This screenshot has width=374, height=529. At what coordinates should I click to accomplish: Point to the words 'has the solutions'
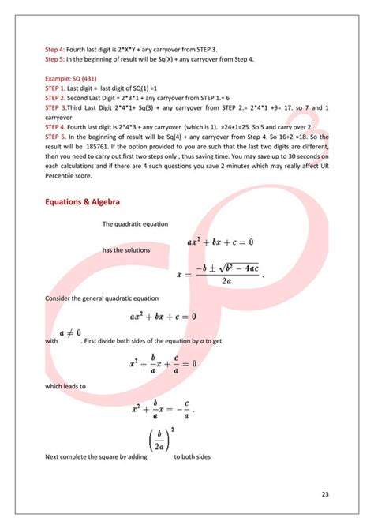tap(127, 250)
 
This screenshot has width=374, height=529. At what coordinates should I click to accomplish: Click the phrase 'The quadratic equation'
tap(135, 224)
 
